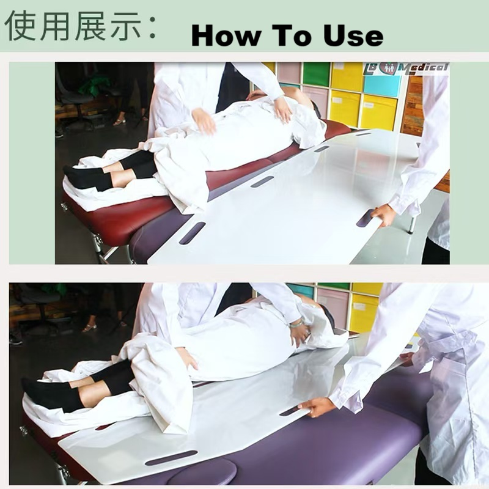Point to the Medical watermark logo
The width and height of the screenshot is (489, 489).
406,68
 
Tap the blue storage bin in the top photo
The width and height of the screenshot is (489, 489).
383,84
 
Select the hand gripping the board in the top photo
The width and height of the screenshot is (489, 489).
384,215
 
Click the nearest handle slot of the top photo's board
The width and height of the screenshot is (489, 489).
192,233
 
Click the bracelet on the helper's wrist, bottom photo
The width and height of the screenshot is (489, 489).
297,323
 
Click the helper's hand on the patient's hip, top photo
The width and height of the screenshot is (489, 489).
204,120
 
